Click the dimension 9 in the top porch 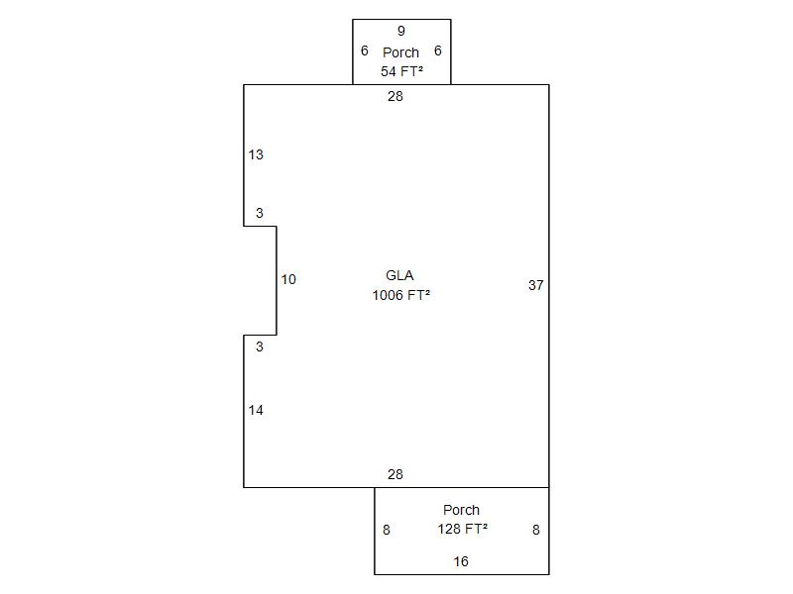click(401, 31)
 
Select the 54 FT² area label click(402, 71)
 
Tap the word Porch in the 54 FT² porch click(401, 52)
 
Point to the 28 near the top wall click(396, 96)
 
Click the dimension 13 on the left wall click(256, 154)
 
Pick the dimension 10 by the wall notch click(288, 279)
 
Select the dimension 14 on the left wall click(256, 410)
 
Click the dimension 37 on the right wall click(536, 285)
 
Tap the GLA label click(399, 275)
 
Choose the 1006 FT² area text click(401, 295)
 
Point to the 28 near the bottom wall click(396, 474)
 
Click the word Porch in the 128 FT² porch click(461, 510)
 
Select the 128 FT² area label click(462, 529)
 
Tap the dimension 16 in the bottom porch click(461, 561)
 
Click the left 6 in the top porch click(365, 51)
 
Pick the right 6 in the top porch click(438, 51)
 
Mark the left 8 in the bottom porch click(387, 530)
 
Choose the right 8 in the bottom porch click(536, 530)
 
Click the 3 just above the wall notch click(260, 213)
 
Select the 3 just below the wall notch click(260, 347)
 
